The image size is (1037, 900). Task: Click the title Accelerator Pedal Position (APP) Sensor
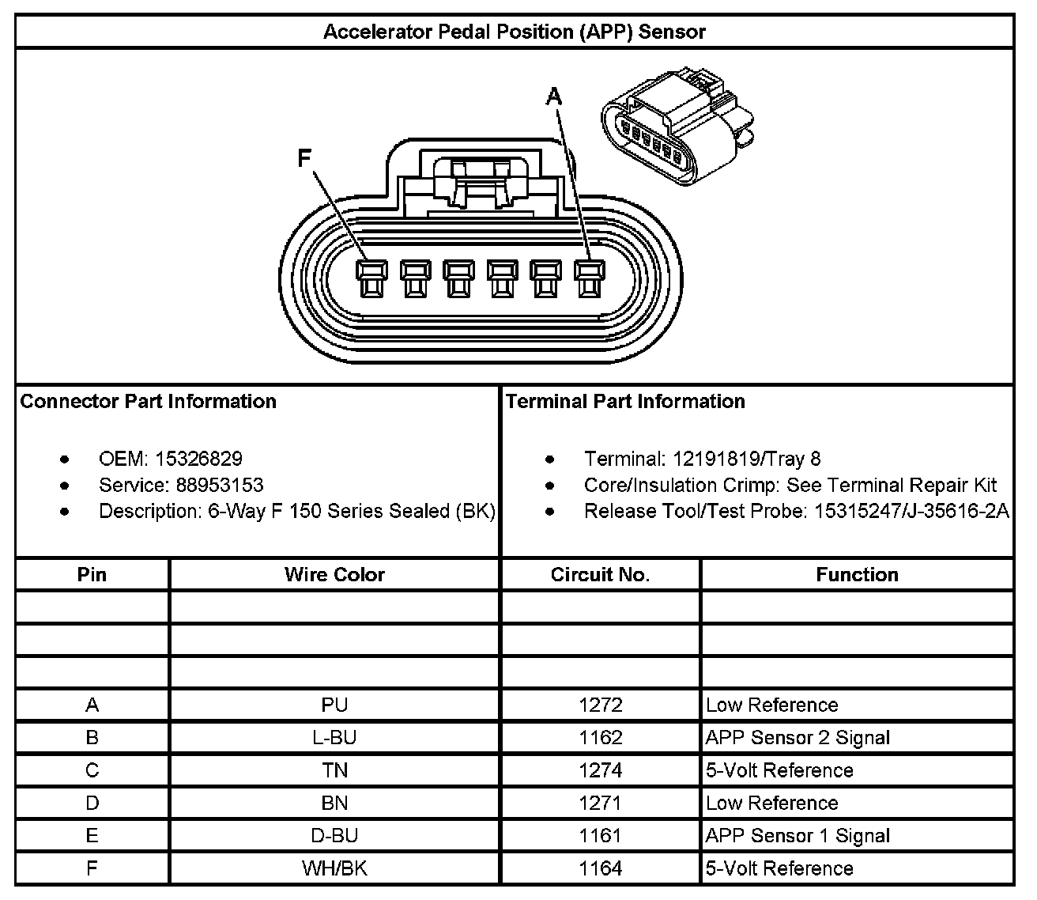[x=514, y=32]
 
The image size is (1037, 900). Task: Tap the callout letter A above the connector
[x=555, y=96]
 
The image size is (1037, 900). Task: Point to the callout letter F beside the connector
[x=304, y=159]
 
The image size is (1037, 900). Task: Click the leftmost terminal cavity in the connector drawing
[x=371, y=279]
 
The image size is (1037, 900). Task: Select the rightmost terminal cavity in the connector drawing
[x=586, y=279]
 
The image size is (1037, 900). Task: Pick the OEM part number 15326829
[x=198, y=459]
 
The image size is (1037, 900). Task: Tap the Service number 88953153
[x=209, y=485]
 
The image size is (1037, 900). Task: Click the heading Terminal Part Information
[x=625, y=401]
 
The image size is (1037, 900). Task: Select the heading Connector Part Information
[x=149, y=401]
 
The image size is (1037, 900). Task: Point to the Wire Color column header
[x=334, y=574]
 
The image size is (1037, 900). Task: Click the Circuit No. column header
[x=600, y=574]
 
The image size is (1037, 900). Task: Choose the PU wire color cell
[x=334, y=705]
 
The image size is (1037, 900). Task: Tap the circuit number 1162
[x=600, y=738]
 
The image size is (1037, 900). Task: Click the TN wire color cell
[x=334, y=770]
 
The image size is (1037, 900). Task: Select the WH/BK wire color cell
[x=334, y=868]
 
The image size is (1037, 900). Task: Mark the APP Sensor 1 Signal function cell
[x=798, y=836]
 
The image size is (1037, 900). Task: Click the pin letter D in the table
[x=92, y=804]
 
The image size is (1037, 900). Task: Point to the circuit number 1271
[x=600, y=804]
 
